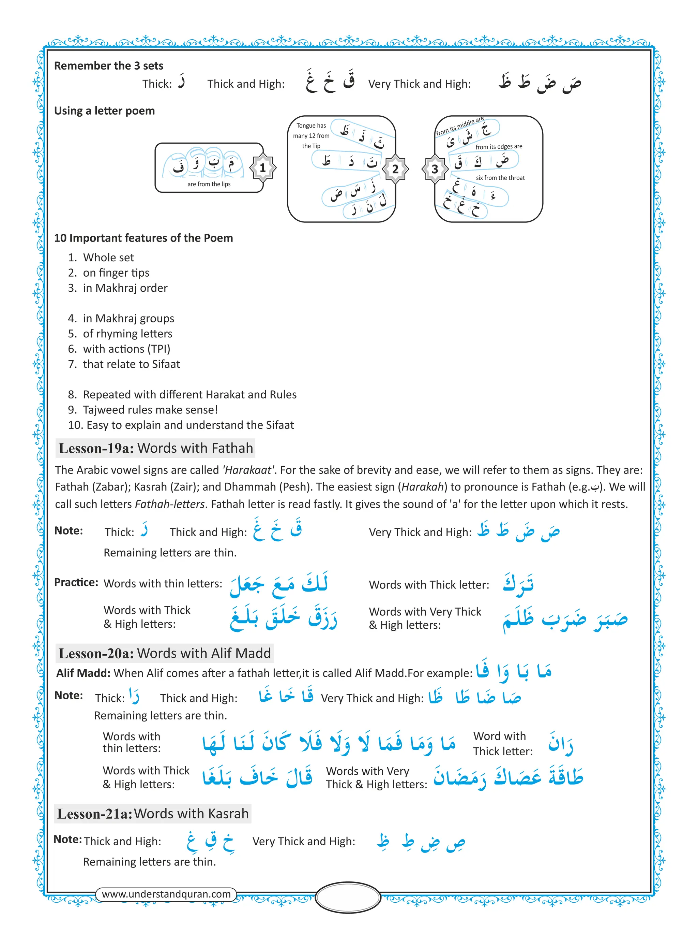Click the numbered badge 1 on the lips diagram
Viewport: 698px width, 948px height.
click(x=262, y=168)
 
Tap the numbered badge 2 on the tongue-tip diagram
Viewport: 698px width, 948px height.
click(x=395, y=169)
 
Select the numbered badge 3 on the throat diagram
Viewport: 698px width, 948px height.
click(x=435, y=169)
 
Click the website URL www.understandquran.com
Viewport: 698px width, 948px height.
click(x=166, y=894)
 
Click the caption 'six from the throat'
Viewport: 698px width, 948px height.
click(x=500, y=178)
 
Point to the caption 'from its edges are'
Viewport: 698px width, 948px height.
click(x=499, y=146)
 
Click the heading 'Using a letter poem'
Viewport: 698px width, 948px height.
click(x=104, y=111)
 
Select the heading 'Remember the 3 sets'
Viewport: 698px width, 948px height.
click(x=109, y=65)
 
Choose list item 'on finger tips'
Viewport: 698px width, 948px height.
click(x=116, y=273)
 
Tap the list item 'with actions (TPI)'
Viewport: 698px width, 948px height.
click(x=126, y=349)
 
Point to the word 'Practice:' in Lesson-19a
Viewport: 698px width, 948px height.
click(x=76, y=582)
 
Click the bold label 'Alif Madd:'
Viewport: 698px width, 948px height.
click(x=83, y=673)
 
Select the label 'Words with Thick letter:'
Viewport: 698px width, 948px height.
click(x=429, y=585)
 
